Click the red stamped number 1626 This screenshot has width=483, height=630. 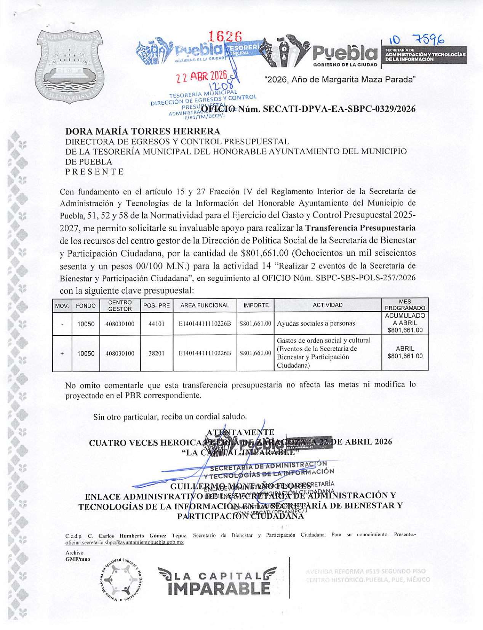(225, 37)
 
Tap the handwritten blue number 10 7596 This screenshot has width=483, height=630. (416, 40)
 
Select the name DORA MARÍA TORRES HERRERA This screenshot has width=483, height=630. (143, 131)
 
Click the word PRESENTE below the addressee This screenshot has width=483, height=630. (95, 171)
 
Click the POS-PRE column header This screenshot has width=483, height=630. (157, 305)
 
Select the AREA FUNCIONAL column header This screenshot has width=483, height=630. (205, 305)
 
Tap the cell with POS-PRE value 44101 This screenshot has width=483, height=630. (157, 324)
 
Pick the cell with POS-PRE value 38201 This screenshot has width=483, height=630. (157, 353)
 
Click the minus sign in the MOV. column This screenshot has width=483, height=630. (62, 324)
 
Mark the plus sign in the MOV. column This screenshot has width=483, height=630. (62, 353)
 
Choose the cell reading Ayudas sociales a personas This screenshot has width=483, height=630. (316, 324)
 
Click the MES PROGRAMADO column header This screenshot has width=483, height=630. (405, 305)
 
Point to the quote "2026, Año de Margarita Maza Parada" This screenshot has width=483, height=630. (339, 80)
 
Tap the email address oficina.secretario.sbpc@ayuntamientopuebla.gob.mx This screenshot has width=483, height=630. (125, 542)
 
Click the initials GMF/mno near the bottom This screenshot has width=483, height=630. (78, 559)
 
